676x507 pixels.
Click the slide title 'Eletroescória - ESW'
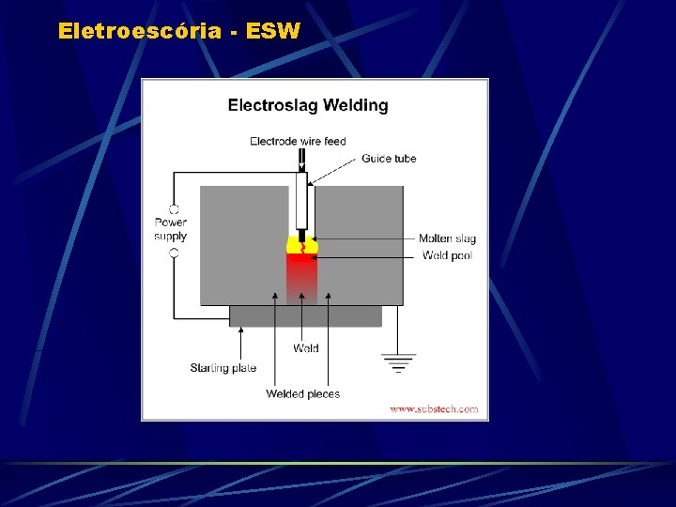[x=178, y=31]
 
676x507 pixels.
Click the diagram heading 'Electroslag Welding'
[x=308, y=105]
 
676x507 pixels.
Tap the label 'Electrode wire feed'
[x=298, y=142]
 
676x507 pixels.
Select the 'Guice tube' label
[x=389, y=159]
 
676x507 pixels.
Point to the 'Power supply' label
[x=171, y=229]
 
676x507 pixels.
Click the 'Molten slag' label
[x=447, y=239]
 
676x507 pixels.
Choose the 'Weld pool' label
[x=447, y=255]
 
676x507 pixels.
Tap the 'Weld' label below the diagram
[x=305, y=348]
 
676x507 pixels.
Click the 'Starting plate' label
[x=223, y=368]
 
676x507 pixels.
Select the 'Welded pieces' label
[x=302, y=394]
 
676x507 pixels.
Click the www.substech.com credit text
[x=434, y=409]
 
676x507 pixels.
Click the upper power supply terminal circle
[x=174, y=208]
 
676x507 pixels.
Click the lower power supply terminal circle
[x=174, y=253]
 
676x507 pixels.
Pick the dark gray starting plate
[x=305, y=315]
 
